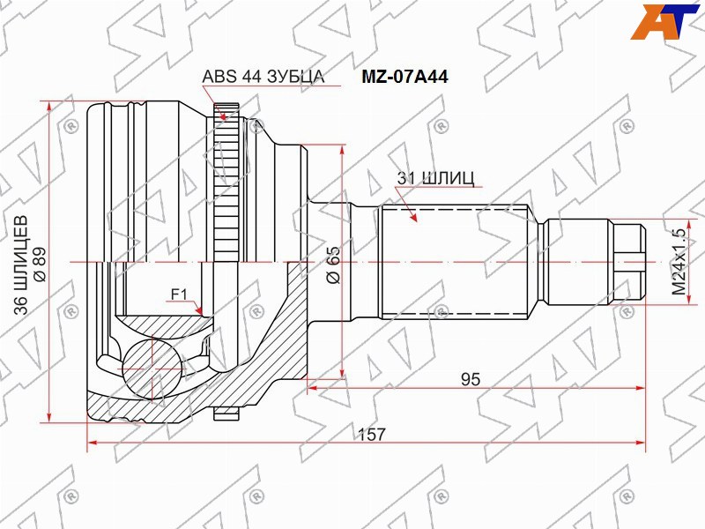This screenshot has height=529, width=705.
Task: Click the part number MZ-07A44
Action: point(404,77)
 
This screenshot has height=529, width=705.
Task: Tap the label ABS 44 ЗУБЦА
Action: point(263,77)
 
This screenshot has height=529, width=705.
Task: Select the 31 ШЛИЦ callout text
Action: point(435,179)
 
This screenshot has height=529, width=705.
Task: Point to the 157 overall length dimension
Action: point(372,434)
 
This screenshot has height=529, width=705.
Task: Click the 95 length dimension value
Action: point(471,380)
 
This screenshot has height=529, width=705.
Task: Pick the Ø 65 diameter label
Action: point(334,265)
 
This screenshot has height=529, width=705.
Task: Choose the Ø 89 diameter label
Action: point(40,264)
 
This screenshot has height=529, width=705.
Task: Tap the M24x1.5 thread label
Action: point(679,262)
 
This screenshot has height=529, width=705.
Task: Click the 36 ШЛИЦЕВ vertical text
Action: point(20,265)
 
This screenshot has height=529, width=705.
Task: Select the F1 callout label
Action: point(179,294)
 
